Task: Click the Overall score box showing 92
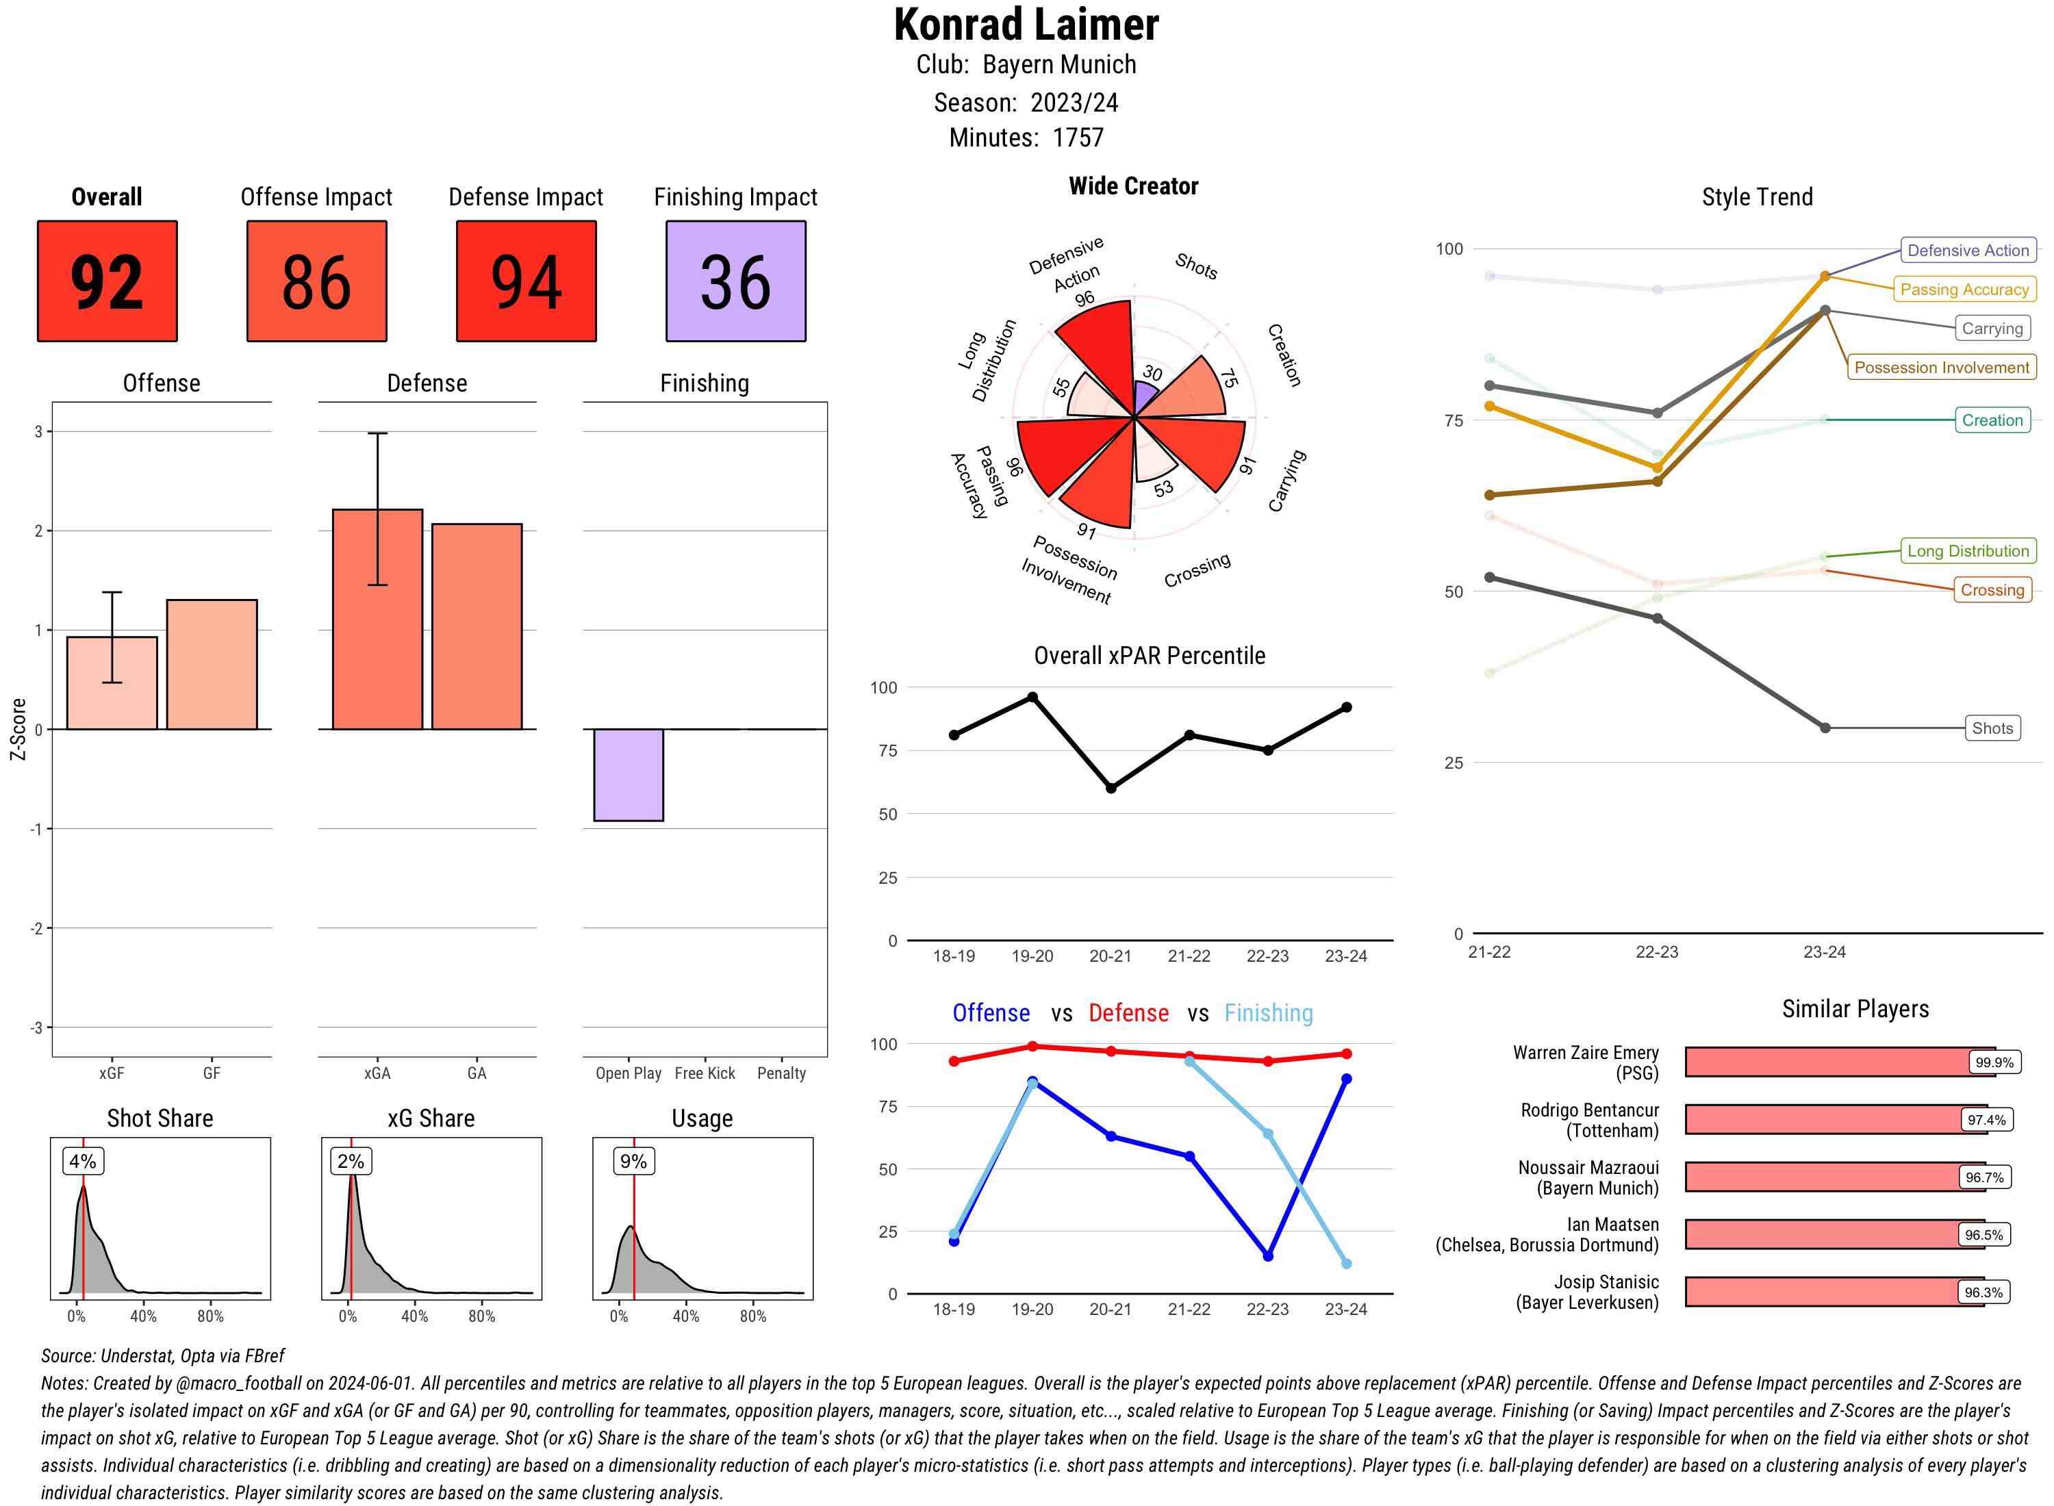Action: point(107,281)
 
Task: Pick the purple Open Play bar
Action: point(628,775)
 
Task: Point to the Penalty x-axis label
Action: point(781,1073)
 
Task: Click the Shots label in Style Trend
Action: point(1992,728)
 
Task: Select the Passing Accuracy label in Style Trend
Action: point(1964,290)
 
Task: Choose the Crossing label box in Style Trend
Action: point(1992,590)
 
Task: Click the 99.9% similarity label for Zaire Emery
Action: point(1994,1062)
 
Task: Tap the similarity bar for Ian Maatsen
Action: point(1823,1234)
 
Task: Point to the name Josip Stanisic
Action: point(1606,1281)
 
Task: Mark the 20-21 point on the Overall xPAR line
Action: point(1111,788)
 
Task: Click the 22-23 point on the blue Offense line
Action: point(1267,1256)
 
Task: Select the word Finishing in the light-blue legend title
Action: point(1268,1013)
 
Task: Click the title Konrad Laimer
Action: point(1026,25)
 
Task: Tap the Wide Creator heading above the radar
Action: point(1133,186)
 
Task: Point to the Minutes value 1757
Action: point(1078,138)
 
